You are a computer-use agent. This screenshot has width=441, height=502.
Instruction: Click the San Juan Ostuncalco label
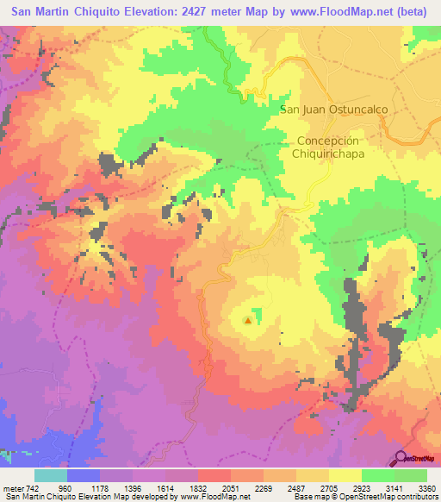click(x=334, y=110)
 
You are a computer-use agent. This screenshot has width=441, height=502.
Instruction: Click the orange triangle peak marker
click(x=248, y=321)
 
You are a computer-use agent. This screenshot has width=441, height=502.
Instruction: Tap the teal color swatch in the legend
click(x=51, y=475)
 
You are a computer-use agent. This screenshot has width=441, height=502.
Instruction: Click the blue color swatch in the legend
click(x=84, y=475)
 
